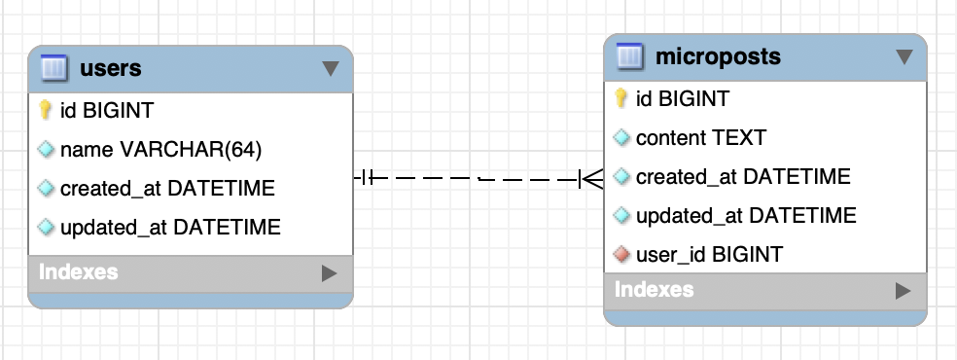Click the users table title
111,68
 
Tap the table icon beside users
54,68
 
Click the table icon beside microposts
631,56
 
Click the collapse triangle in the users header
330,68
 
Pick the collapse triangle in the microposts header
904,56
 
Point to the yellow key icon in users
45,110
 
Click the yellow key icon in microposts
621,98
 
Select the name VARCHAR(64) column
160,150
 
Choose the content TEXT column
700,138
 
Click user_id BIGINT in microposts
708,255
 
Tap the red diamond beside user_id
621,255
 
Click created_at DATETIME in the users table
167,189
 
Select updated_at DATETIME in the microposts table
745,216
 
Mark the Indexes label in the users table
79,272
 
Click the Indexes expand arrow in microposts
903,290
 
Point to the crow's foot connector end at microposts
591,178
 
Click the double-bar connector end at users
365,178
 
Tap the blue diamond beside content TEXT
621,138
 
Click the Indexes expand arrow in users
328,273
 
